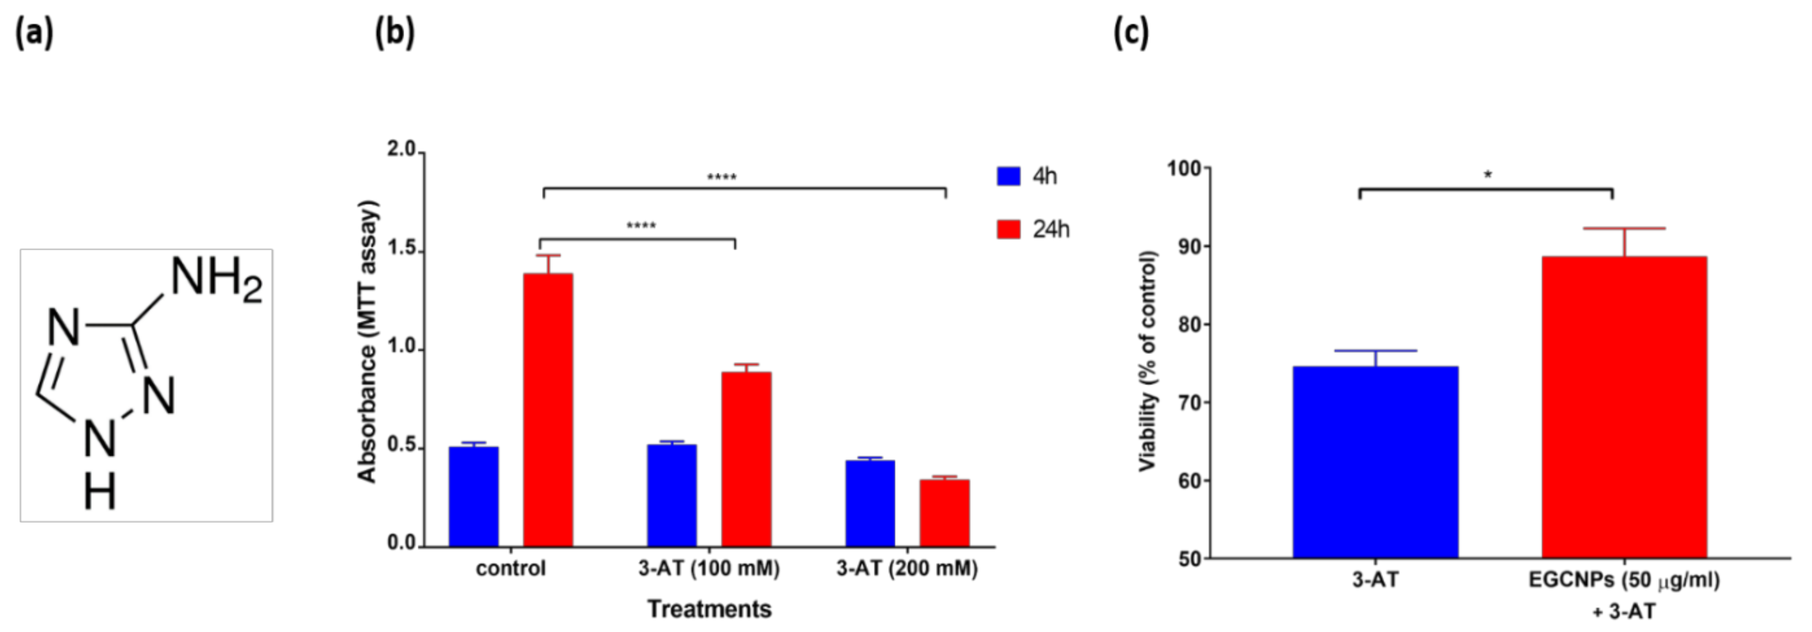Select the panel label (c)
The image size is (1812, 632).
[x=1130, y=33]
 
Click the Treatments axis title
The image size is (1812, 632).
[x=709, y=609]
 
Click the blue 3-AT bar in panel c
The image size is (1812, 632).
[x=1375, y=462]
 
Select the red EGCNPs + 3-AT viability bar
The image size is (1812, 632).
[x=1624, y=407]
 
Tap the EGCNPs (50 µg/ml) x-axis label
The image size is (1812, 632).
[x=1624, y=581]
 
